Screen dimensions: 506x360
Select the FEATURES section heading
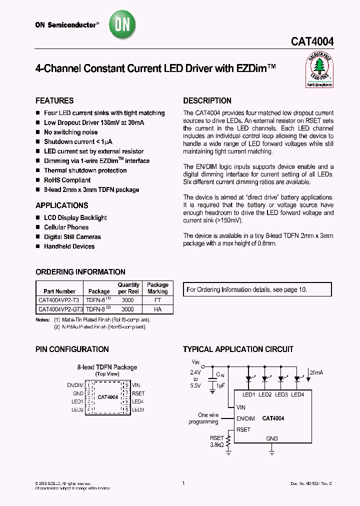[x=54, y=100]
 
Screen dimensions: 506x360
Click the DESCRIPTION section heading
[x=207, y=100]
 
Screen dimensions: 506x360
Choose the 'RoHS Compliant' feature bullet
[x=67, y=180]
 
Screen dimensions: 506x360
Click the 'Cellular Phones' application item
[x=66, y=227]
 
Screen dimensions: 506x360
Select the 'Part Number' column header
[x=59, y=291]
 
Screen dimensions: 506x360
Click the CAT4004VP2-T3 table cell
[x=59, y=300]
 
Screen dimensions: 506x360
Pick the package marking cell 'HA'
[x=157, y=309]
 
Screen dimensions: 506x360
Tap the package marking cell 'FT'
[x=157, y=300]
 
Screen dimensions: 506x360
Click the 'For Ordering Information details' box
[x=258, y=289]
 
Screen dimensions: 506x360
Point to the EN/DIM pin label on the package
[x=75, y=384]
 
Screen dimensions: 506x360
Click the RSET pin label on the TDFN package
[x=138, y=393]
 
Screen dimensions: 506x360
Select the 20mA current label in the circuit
[x=316, y=372]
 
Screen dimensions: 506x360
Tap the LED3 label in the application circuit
[x=281, y=395]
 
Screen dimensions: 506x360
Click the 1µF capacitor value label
[x=220, y=385]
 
